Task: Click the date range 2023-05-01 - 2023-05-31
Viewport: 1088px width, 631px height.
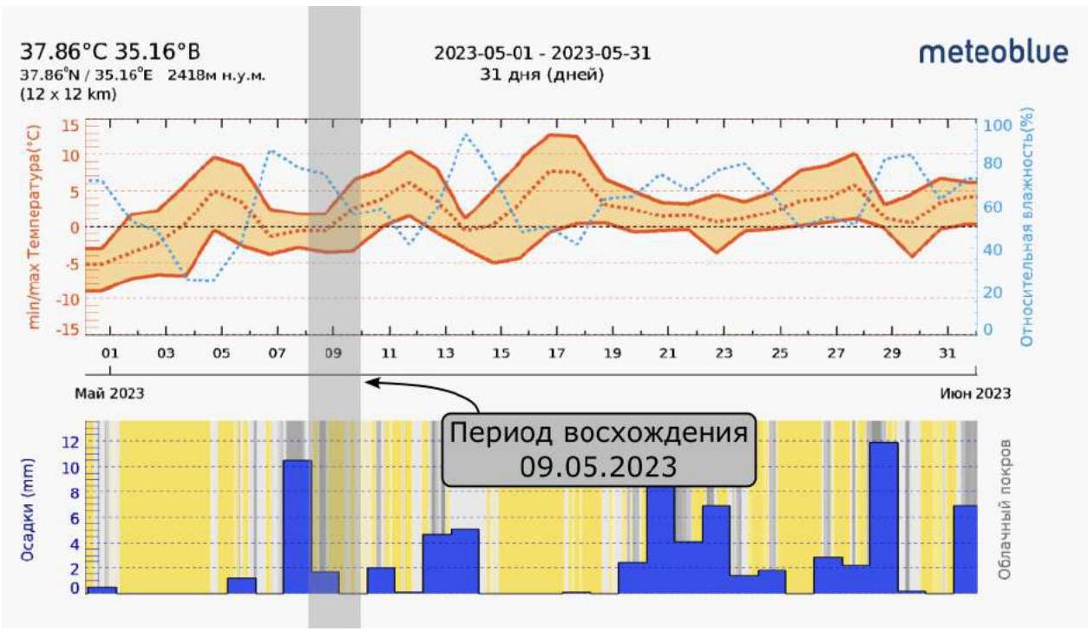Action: [x=542, y=54]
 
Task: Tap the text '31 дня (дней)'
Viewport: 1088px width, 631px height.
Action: [x=542, y=75]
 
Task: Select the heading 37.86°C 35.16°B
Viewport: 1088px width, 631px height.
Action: [x=115, y=52]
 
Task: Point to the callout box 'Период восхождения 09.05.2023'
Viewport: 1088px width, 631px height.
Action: [x=598, y=449]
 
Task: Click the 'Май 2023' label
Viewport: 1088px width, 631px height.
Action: [x=109, y=393]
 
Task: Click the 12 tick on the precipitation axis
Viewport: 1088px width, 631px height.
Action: [x=70, y=442]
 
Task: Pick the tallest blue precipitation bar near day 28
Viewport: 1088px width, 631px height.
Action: [x=883, y=517]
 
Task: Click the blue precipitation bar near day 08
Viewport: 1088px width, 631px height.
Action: [x=297, y=526]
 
